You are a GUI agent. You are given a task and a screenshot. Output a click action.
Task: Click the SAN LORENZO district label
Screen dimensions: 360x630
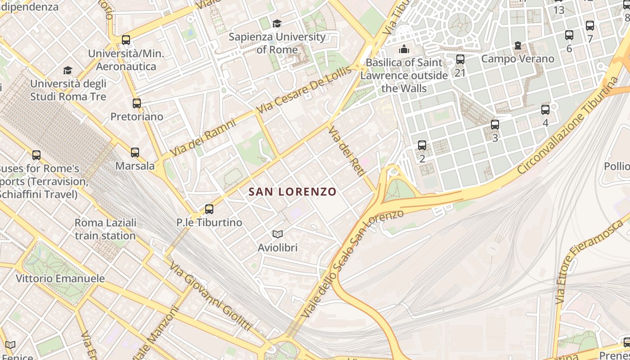pyautogui.click(x=292, y=192)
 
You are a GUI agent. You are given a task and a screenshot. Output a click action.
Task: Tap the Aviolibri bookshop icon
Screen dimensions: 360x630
pyautogui.click(x=278, y=234)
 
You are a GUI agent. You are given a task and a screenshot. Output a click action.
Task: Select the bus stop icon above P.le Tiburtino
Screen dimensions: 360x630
pyautogui.click(x=209, y=209)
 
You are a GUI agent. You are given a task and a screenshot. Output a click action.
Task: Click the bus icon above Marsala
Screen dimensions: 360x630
pyautogui.click(x=135, y=152)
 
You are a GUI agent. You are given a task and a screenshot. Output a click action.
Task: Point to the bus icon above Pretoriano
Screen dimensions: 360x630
pyautogui.click(x=137, y=103)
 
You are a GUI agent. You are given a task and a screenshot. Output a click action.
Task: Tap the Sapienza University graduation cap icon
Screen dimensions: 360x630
pyautogui.click(x=277, y=23)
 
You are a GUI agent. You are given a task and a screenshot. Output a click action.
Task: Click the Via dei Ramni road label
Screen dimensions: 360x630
pyautogui.click(x=203, y=137)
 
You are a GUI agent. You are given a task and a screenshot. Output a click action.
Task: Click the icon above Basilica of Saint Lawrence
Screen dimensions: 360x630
pyautogui.click(x=404, y=49)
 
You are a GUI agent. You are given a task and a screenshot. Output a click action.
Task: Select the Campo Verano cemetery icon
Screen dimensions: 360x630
pyautogui.click(x=518, y=45)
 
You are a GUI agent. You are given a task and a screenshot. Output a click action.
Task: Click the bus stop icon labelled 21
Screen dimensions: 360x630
pyautogui.click(x=460, y=59)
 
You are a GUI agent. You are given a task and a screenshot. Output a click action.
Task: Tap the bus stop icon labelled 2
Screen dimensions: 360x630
pyautogui.click(x=422, y=145)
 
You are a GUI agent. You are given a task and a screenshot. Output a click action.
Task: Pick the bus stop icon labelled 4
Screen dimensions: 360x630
pyautogui.click(x=545, y=109)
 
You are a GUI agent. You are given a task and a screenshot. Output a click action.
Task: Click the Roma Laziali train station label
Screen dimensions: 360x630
pyautogui.click(x=105, y=229)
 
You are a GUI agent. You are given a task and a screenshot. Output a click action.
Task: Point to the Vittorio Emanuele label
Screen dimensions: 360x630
pyautogui.click(x=60, y=279)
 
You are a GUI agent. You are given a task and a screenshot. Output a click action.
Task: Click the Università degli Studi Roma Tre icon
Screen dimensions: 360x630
pyautogui.click(x=67, y=70)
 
